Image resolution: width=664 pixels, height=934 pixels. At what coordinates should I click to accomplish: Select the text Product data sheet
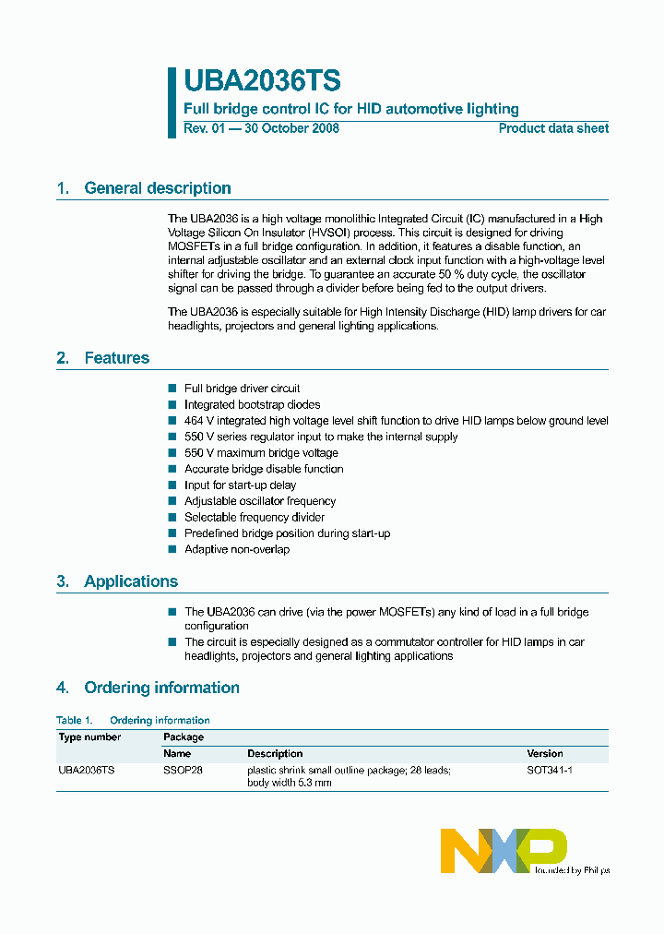point(553,128)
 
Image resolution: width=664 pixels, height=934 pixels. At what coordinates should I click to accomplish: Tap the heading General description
point(157,188)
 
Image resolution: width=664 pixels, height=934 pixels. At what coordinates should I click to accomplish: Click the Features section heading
point(116,358)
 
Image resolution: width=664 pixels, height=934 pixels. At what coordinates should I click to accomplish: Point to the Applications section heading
point(130,581)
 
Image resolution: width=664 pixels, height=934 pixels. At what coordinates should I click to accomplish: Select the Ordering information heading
point(161,688)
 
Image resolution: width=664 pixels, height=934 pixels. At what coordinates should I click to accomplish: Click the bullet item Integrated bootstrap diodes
point(252,404)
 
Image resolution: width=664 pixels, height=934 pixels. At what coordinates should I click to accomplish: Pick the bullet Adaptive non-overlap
point(236,549)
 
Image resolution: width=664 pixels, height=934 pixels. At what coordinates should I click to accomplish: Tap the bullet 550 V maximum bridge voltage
point(261,453)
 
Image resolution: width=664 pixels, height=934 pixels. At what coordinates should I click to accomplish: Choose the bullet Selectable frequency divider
point(254,517)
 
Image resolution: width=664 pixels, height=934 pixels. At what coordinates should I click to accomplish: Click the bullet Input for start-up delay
point(240,485)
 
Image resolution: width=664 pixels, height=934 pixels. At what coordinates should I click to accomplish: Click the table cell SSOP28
point(183,770)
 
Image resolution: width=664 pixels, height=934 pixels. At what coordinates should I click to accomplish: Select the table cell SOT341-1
point(550,770)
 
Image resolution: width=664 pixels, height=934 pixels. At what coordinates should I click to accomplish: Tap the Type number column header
point(89,737)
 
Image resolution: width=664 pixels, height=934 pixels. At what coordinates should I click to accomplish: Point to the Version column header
point(545,753)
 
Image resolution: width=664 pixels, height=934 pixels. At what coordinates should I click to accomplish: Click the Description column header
point(275,753)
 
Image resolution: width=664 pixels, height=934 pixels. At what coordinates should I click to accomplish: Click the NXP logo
point(504,850)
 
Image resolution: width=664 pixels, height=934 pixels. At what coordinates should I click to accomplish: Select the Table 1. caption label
point(75,720)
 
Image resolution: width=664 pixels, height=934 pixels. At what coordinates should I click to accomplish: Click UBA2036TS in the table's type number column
point(87,770)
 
